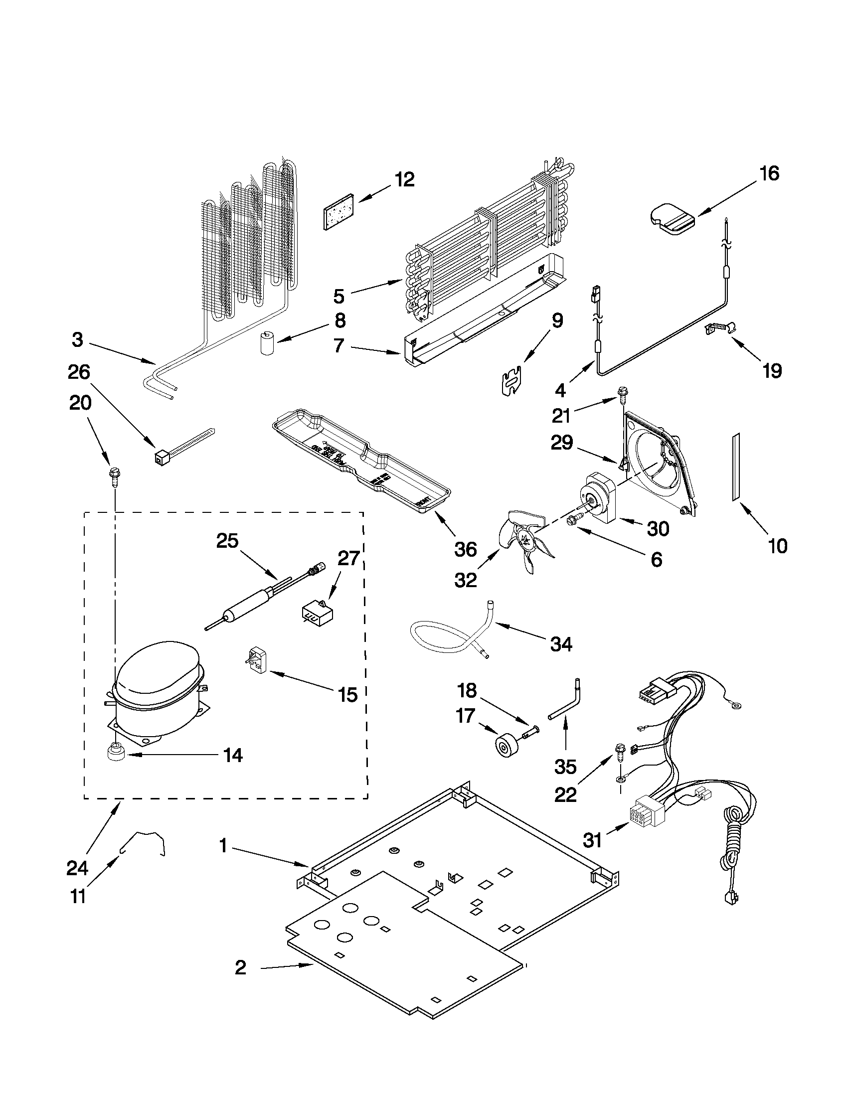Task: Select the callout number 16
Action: [769, 173]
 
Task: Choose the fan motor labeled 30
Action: [601, 499]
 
